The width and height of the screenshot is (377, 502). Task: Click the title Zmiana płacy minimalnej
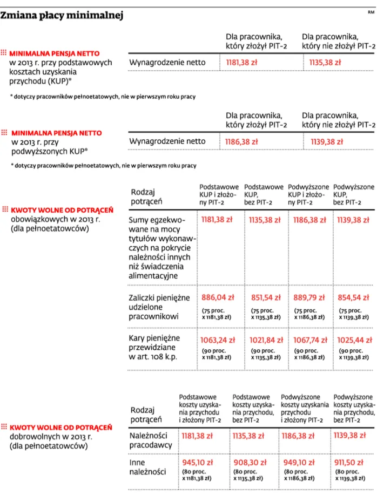tap(62, 16)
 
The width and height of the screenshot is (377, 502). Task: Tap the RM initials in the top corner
tap(371, 12)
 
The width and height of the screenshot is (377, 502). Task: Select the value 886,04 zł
tap(217, 297)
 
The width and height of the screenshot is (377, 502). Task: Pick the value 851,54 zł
tap(264, 297)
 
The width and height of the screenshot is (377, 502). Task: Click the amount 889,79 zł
tap(308, 297)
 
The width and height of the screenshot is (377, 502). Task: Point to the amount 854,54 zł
tap(354, 297)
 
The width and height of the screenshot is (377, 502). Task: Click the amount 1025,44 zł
tap(354, 340)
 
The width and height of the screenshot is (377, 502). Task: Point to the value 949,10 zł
tap(298, 462)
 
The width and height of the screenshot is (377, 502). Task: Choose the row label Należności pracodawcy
tap(151, 440)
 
